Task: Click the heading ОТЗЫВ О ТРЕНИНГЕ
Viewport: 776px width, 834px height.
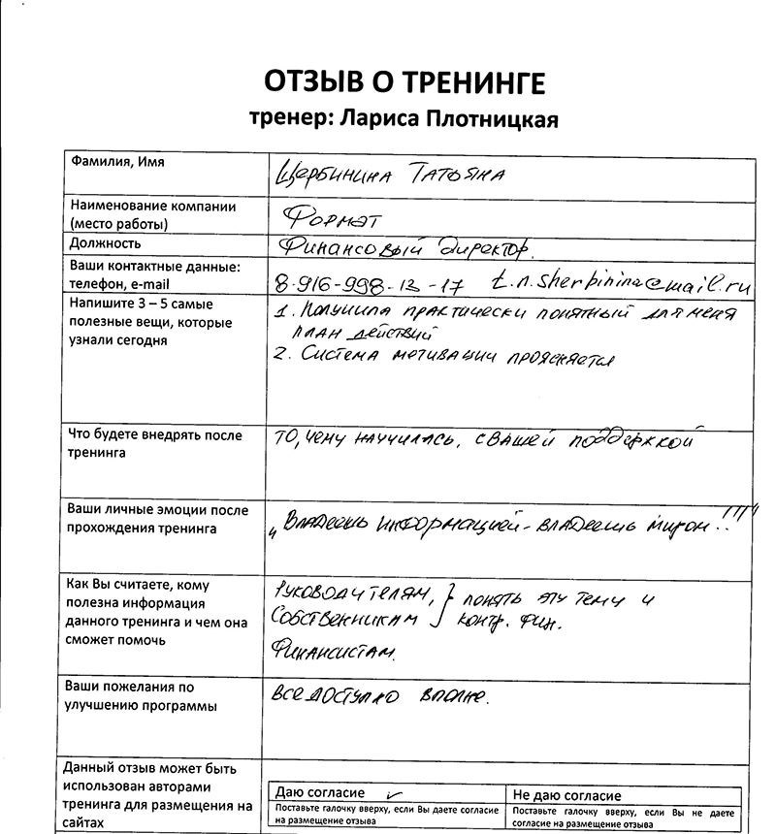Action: (x=404, y=80)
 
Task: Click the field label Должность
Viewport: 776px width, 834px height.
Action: (x=106, y=243)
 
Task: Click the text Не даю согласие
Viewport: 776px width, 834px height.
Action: (x=567, y=795)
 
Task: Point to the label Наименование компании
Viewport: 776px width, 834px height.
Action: (x=152, y=207)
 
